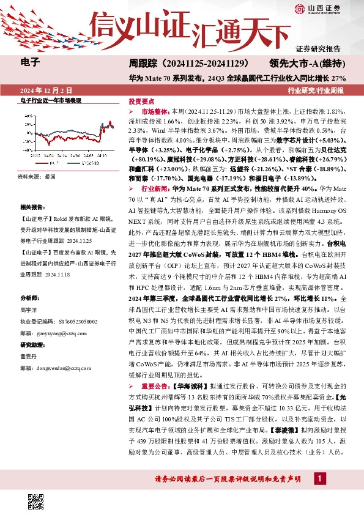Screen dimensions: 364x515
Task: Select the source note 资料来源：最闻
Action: coord(37,176)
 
